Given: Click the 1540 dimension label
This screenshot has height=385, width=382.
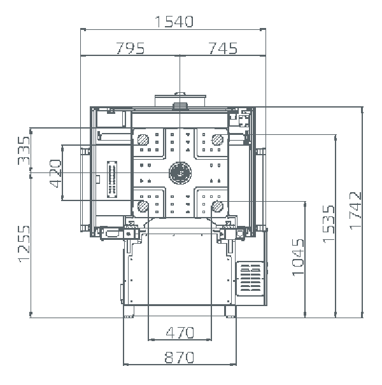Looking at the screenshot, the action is click(174, 22).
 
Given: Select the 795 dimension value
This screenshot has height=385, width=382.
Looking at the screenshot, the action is click(131, 48).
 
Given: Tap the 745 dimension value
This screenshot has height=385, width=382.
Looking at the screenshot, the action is click(223, 48).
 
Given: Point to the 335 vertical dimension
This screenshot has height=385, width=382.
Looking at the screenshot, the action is click(24, 151).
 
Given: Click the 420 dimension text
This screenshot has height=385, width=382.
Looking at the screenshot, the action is click(55, 173).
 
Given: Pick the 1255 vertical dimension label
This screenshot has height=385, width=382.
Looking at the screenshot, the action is click(24, 244).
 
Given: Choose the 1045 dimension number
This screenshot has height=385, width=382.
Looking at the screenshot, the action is click(298, 257).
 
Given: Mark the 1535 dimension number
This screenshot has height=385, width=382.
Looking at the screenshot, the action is click(329, 224).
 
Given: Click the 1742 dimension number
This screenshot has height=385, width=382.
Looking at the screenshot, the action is click(355, 211).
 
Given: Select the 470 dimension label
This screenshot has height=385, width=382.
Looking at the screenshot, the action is click(180, 333).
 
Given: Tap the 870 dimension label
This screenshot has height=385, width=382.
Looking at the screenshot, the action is click(180, 357).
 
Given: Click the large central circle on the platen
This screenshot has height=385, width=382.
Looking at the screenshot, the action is click(180, 172).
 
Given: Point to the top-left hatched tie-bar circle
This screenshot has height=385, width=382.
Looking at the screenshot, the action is click(143, 139).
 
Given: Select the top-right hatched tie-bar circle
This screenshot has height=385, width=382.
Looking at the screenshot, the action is click(217, 139).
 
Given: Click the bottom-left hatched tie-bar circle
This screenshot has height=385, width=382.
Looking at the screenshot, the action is click(143, 206).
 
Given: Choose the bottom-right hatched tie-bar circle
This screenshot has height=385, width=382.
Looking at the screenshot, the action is click(217, 206).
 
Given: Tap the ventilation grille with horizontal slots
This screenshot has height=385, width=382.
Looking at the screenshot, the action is click(250, 279).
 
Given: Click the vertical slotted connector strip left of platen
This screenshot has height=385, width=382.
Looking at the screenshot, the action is click(112, 179).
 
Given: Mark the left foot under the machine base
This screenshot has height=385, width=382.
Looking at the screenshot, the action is click(129, 311).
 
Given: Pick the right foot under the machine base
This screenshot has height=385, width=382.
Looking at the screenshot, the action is click(230, 311).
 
